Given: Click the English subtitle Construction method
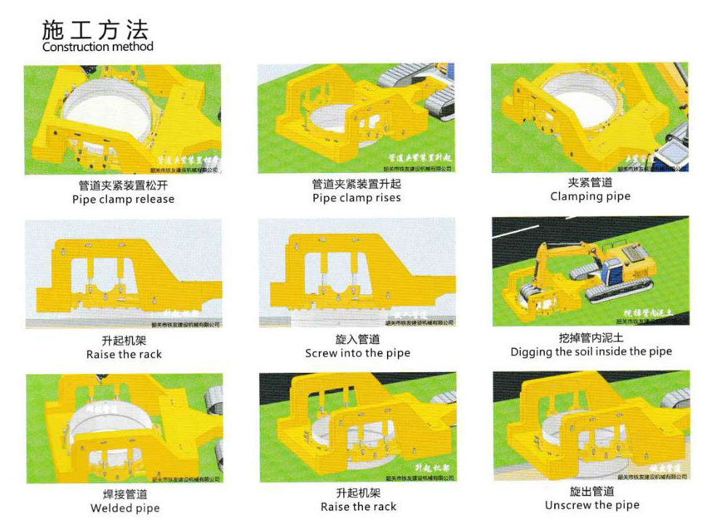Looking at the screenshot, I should click(x=97, y=47).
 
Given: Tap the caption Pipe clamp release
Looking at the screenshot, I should click(x=123, y=199).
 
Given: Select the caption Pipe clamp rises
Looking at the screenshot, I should click(x=356, y=198).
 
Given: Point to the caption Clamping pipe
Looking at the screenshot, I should click(x=590, y=196).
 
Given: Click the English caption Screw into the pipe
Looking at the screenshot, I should click(x=357, y=353).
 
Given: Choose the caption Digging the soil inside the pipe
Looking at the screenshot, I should click(x=591, y=352).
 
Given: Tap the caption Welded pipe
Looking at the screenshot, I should click(x=124, y=508).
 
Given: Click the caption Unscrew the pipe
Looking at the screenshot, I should click(x=591, y=505).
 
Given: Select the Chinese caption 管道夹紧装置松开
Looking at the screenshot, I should click(x=123, y=185).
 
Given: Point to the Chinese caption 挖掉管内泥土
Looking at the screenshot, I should click(x=591, y=338).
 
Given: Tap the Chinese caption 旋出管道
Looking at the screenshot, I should click(x=592, y=491).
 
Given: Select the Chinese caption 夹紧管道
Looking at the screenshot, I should click(x=590, y=182).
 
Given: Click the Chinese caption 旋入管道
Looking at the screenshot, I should click(x=357, y=339).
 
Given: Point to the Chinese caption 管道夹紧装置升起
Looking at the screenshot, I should click(x=356, y=185).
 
